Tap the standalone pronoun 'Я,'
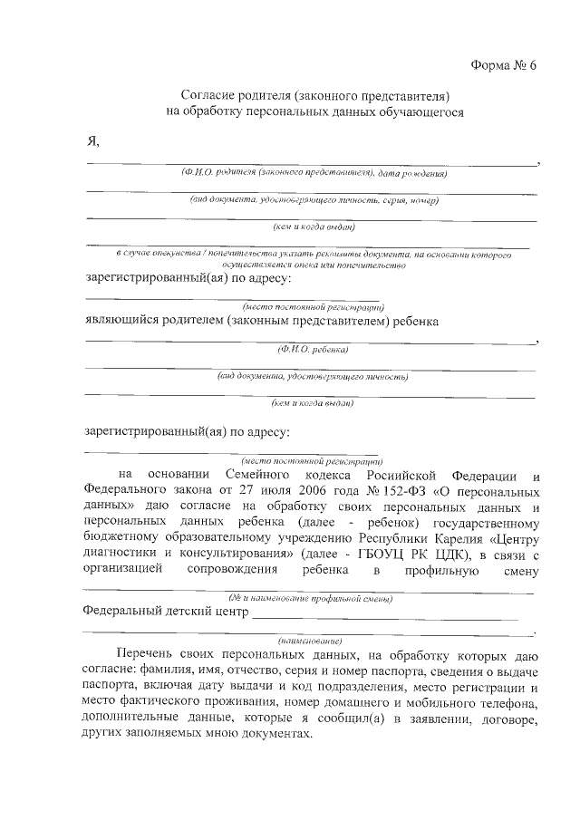click(92, 141)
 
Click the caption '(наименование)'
click(311, 640)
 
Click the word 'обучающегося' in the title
click(423, 113)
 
